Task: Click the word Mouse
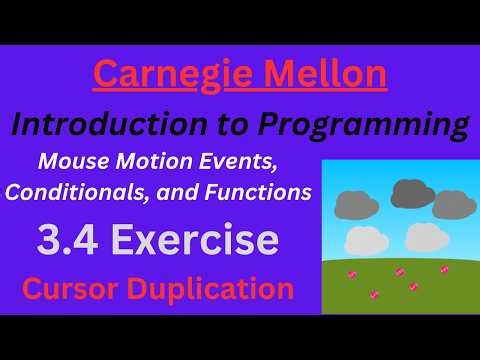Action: pyautogui.click(x=71, y=159)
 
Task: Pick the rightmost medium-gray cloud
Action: pyautogui.click(x=452, y=205)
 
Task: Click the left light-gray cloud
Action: pyautogui.click(x=365, y=241)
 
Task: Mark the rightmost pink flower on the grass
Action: pyautogui.click(x=444, y=269)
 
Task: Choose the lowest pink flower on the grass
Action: pyautogui.click(x=374, y=294)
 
